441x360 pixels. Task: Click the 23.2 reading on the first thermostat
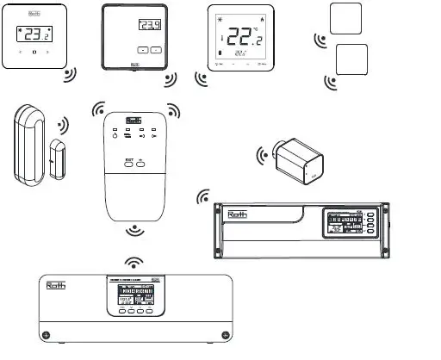(34, 35)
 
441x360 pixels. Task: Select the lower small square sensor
(351, 60)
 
